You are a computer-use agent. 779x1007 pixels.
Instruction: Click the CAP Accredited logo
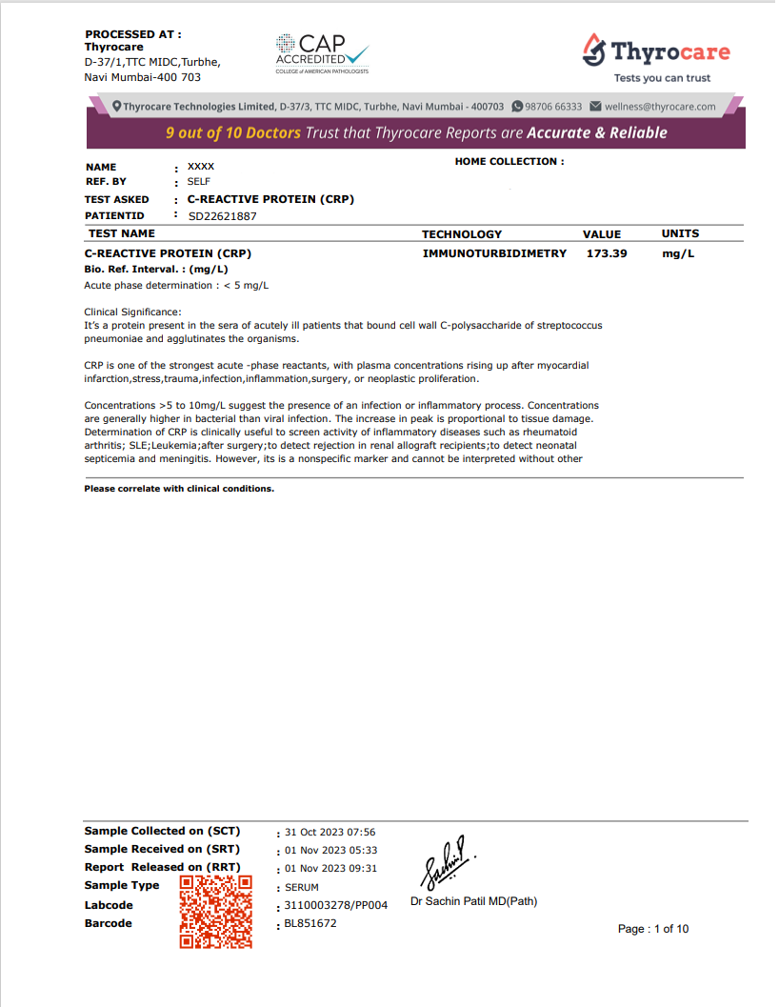(322, 53)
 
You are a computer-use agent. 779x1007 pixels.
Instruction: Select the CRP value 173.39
(607, 253)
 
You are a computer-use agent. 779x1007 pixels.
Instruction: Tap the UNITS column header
(680, 233)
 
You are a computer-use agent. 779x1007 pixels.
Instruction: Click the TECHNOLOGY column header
(461, 234)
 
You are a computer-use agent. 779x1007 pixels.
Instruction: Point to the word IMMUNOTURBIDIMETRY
(494, 253)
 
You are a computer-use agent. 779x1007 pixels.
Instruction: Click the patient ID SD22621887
(223, 216)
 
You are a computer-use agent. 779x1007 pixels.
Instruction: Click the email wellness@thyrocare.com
(660, 107)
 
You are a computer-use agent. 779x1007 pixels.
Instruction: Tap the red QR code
(216, 912)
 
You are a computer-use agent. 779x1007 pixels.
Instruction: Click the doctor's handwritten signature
(445, 863)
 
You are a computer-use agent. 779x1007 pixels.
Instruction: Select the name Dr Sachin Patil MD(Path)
(473, 901)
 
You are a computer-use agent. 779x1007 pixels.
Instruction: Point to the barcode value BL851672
(310, 923)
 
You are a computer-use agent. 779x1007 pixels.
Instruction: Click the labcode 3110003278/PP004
(336, 905)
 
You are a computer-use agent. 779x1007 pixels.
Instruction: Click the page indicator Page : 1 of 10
(653, 929)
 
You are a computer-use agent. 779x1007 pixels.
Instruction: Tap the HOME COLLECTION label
(509, 162)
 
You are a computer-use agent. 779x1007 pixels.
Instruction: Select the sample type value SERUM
(302, 887)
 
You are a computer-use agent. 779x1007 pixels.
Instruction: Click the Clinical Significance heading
(132, 312)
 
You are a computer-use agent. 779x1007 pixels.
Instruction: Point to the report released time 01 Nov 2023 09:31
(331, 868)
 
